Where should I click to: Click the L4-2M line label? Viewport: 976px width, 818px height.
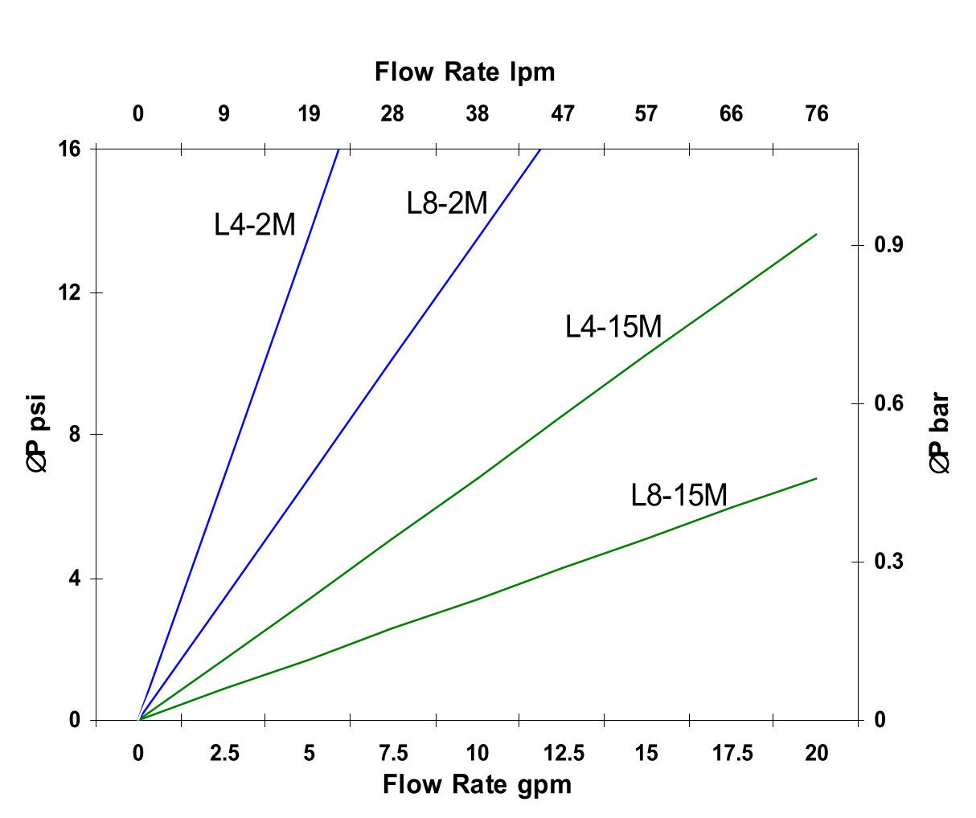pos(255,225)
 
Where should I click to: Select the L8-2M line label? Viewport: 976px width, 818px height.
pos(447,203)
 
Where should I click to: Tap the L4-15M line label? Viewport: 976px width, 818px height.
pos(613,327)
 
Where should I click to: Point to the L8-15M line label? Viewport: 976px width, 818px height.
pos(679,495)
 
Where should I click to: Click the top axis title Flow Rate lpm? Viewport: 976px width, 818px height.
pos(465,72)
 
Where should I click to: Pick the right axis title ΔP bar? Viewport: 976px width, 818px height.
pos(940,433)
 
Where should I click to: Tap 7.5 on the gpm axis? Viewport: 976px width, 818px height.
pos(392,753)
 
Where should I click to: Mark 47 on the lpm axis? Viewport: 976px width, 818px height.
pos(562,114)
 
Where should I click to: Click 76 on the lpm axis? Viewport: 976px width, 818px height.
pos(816,114)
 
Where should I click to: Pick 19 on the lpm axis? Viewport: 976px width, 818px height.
pos(309,114)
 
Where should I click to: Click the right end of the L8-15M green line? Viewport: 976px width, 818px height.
pos(816,479)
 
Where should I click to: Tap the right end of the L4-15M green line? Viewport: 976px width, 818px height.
pos(816,235)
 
